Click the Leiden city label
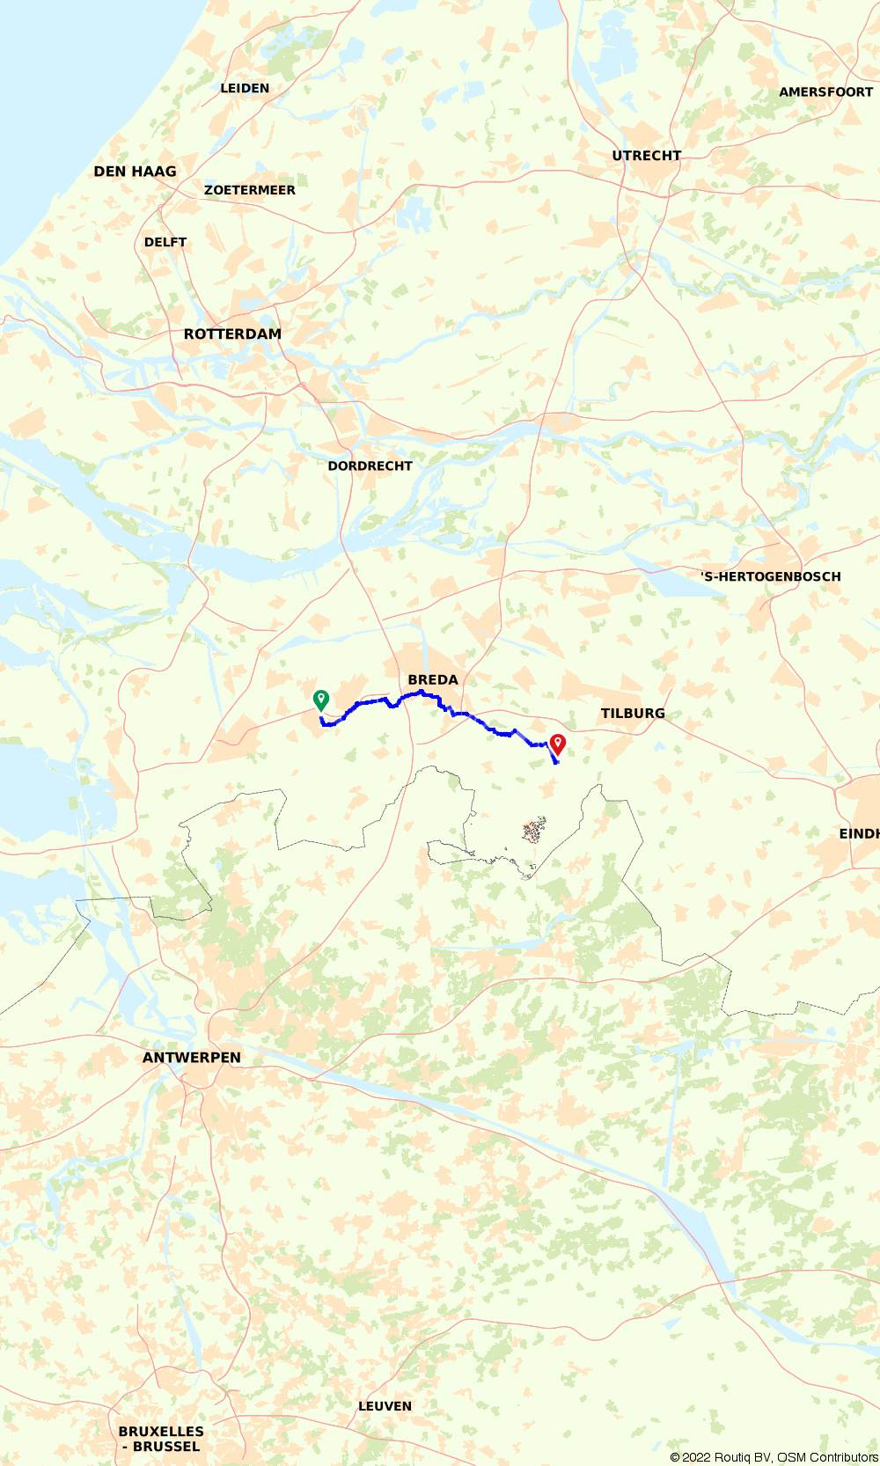coord(245,88)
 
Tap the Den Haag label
coord(135,172)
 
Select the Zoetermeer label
coord(250,190)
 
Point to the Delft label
coord(165,242)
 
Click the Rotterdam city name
coord(232,334)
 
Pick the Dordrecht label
coord(370,466)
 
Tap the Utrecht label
coord(647,156)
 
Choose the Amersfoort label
coord(825,92)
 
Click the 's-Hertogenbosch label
coord(771,577)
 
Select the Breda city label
coord(433,680)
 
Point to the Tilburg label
coord(633,714)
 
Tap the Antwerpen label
coord(192,1058)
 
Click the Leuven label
coord(385,1406)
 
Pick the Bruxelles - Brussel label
coord(161,1439)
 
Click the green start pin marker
coord(321,700)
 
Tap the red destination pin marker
coord(557,744)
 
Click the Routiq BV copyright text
coord(774,1457)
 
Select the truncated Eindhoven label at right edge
coord(859,833)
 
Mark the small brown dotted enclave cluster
coord(534,830)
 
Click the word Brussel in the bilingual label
coord(166,1447)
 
